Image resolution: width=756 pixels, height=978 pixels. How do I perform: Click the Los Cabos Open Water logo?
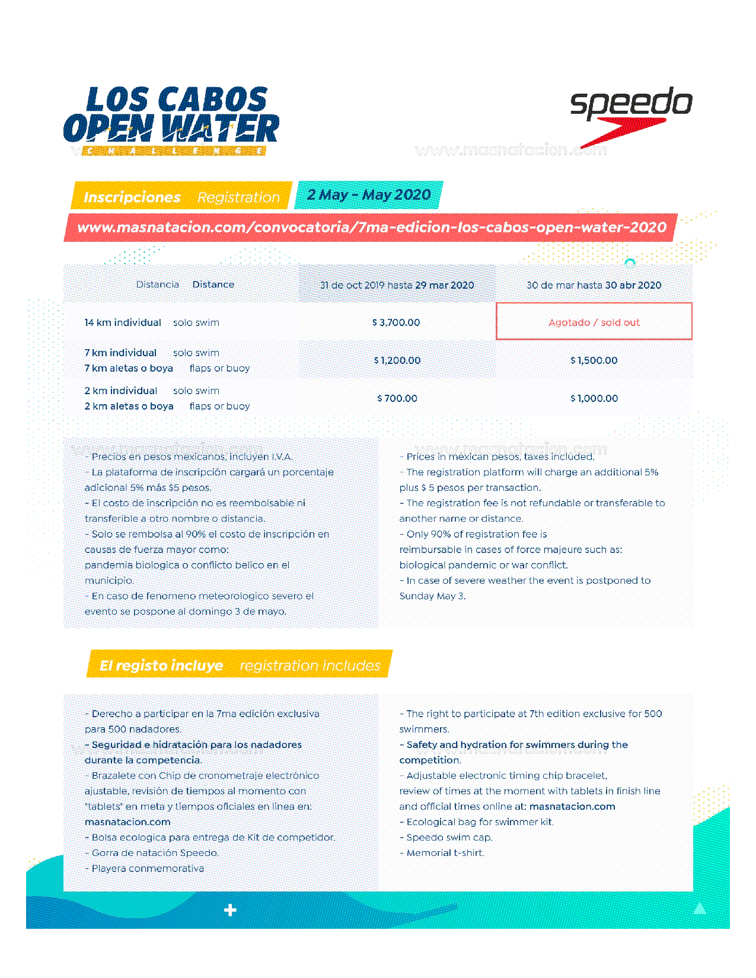click(x=171, y=120)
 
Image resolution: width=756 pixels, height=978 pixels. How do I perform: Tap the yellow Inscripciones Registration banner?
click(x=181, y=196)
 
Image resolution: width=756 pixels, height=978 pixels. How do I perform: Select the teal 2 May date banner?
click(x=369, y=195)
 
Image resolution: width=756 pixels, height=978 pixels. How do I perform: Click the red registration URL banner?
click(x=371, y=228)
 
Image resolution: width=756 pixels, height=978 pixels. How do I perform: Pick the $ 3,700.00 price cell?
click(x=396, y=322)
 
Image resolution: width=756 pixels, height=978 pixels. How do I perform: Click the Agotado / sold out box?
click(x=594, y=322)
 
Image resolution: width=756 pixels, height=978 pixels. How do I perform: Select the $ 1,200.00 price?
click(x=397, y=360)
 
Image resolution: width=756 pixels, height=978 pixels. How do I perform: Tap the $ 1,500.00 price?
click(x=594, y=360)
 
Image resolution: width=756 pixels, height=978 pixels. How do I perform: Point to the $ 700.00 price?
click(x=397, y=398)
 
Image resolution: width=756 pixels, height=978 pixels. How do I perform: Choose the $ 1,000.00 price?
click(x=594, y=398)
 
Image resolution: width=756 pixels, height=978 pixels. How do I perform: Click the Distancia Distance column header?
click(x=185, y=285)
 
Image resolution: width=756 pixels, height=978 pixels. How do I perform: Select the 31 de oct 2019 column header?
click(x=397, y=285)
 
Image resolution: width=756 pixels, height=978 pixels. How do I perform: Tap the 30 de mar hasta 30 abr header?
click(x=594, y=285)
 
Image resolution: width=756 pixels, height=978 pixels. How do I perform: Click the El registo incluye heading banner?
click(x=240, y=665)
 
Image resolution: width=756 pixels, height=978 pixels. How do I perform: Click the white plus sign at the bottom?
click(x=230, y=910)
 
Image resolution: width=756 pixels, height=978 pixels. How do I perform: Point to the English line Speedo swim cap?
click(x=449, y=838)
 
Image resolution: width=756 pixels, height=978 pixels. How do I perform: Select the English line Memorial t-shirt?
click(x=445, y=853)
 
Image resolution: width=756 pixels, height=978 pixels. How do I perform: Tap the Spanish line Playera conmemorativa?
click(x=147, y=868)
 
